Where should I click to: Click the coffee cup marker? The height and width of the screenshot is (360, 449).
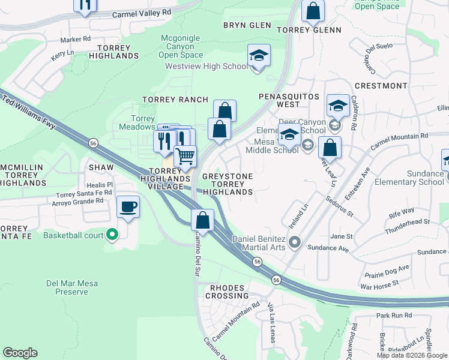pyautogui.click(x=128, y=208)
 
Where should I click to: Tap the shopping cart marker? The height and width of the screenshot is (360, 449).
pyautogui.click(x=185, y=156)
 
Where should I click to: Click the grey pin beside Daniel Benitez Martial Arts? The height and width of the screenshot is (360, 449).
pyautogui.click(x=294, y=242)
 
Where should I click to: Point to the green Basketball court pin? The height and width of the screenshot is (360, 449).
pyautogui.click(x=111, y=235)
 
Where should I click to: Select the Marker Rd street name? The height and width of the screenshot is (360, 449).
pyautogui.click(x=75, y=39)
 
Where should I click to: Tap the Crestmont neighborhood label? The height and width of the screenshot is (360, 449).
pyautogui.click(x=380, y=86)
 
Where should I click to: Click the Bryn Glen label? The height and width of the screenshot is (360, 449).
pyautogui.click(x=247, y=25)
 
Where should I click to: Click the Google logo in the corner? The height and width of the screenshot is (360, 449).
pyautogui.click(x=20, y=353)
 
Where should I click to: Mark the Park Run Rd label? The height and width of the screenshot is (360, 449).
pyautogui.click(x=394, y=316)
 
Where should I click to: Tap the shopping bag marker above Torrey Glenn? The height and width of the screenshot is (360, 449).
pyautogui.click(x=313, y=11)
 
